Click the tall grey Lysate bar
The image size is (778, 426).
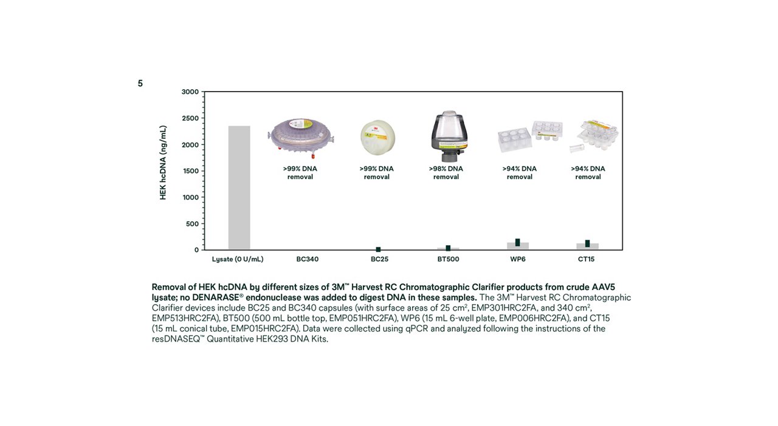[239, 188]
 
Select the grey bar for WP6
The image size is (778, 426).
[518, 246]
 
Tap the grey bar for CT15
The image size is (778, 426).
[587, 246]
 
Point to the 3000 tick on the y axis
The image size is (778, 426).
[190, 92]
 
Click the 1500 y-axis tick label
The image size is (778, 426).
[190, 171]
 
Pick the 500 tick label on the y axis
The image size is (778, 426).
[192, 224]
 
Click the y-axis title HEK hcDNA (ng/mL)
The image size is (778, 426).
[163, 163]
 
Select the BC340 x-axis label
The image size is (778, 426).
[308, 259]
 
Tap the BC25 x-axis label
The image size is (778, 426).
[379, 259]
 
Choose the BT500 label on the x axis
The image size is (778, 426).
[448, 259]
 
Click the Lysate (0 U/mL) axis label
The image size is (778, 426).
[238, 259]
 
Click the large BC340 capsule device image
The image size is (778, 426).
[302, 136]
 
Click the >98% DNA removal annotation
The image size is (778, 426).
[446, 172]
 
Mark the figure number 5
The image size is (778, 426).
[140, 84]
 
